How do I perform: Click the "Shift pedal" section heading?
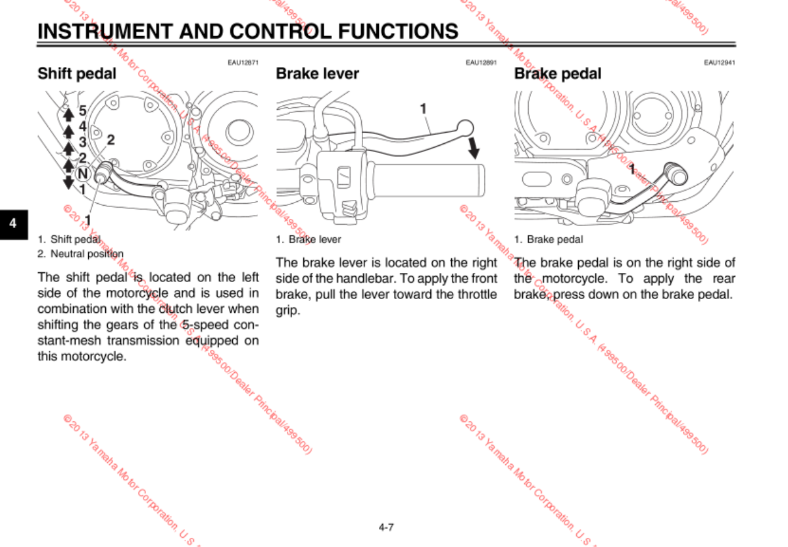76,74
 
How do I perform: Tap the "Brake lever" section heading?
317,74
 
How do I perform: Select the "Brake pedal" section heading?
557,74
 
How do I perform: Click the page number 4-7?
386,527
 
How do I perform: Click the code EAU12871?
243,62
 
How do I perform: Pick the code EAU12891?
481,62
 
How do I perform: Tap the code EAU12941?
719,62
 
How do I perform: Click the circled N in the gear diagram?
82,174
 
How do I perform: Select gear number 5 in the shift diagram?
83,110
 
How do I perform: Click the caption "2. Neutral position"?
80,254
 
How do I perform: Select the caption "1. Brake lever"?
308,239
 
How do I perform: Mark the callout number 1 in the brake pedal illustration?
632,170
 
